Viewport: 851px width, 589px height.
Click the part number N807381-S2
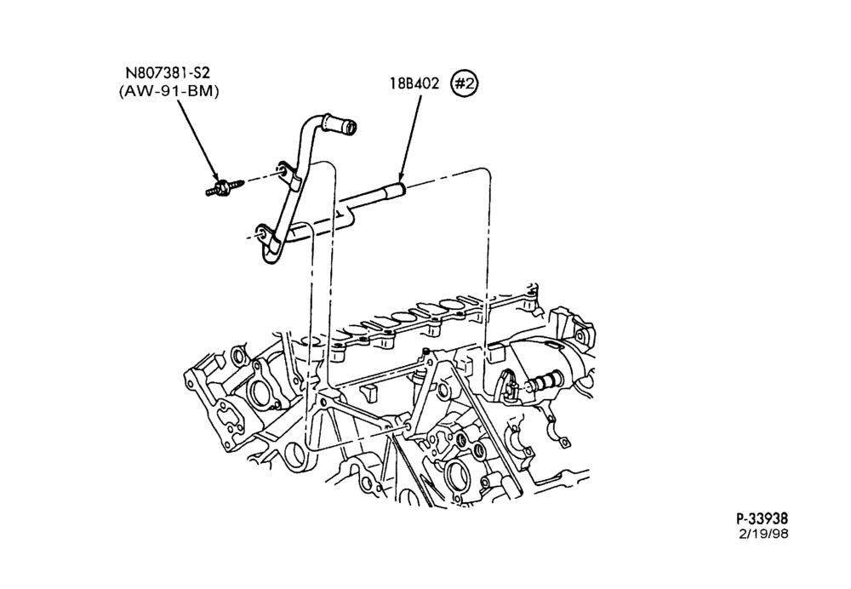(x=168, y=72)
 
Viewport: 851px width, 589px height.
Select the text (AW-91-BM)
(x=168, y=92)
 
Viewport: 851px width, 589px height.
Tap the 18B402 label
(x=414, y=83)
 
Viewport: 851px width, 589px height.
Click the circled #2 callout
(x=465, y=83)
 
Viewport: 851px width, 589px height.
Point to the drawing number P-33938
(x=762, y=518)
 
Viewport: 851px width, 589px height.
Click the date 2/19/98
(x=763, y=534)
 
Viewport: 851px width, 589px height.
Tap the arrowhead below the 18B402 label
(x=402, y=176)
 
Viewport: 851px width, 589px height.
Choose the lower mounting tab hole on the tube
(x=262, y=233)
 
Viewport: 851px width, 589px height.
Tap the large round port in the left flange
(x=257, y=392)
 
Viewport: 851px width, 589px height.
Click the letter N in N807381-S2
(x=130, y=72)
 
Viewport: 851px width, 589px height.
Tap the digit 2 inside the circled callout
(x=470, y=83)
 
